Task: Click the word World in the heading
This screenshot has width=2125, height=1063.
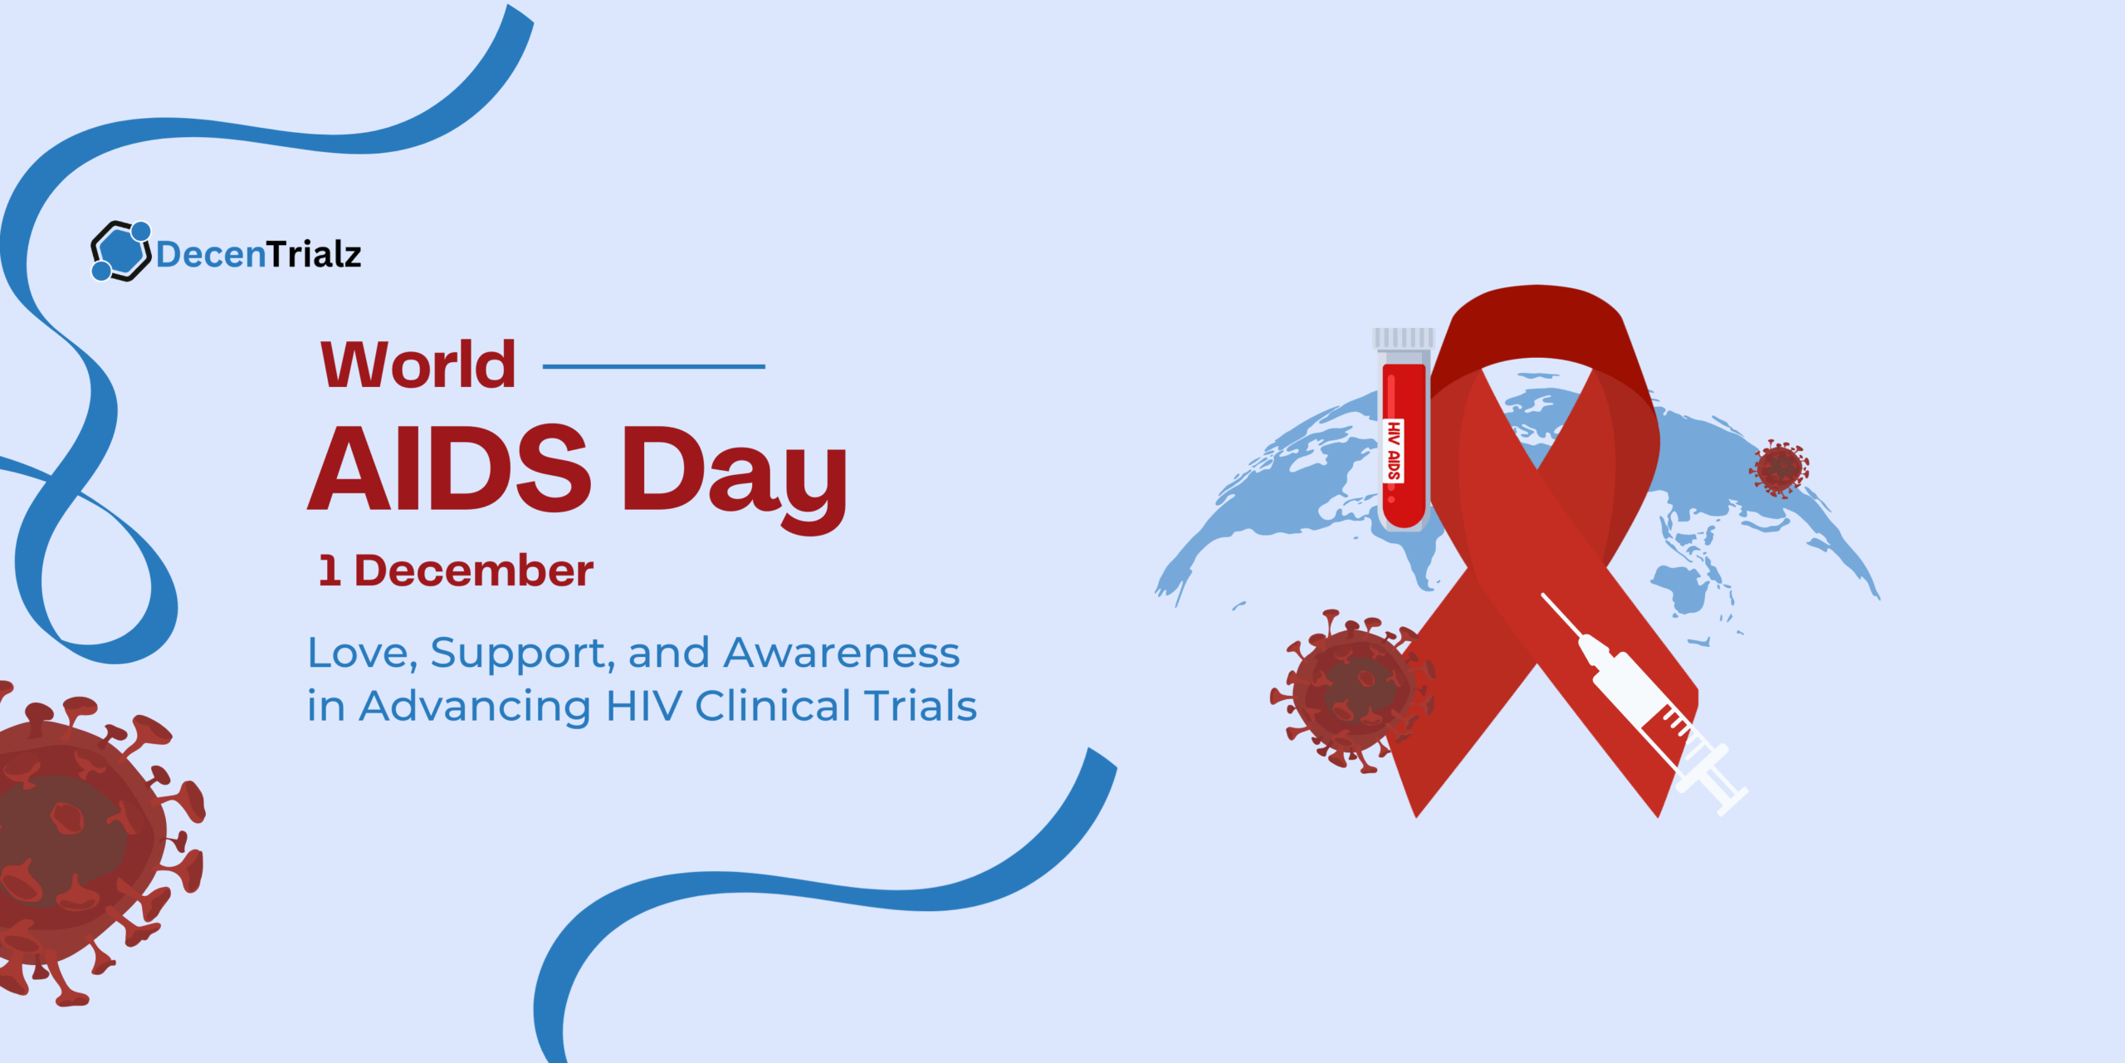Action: (418, 365)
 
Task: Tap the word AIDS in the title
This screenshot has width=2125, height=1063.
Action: (449, 470)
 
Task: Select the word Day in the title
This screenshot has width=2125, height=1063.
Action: (735, 473)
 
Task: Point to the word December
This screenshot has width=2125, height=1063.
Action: (474, 571)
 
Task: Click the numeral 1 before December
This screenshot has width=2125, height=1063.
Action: (330, 571)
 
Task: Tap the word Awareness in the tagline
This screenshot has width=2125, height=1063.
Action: (842, 653)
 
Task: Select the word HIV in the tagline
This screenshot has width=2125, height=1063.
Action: (644, 706)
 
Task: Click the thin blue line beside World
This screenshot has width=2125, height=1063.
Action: (653, 366)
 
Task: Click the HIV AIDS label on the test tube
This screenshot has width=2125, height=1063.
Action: (1394, 451)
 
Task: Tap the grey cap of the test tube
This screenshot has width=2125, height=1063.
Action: (1403, 338)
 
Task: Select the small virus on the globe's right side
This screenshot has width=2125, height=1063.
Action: (1779, 468)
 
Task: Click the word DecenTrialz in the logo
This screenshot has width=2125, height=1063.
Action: (258, 254)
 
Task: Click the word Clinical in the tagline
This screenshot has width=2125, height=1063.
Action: (774, 706)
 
